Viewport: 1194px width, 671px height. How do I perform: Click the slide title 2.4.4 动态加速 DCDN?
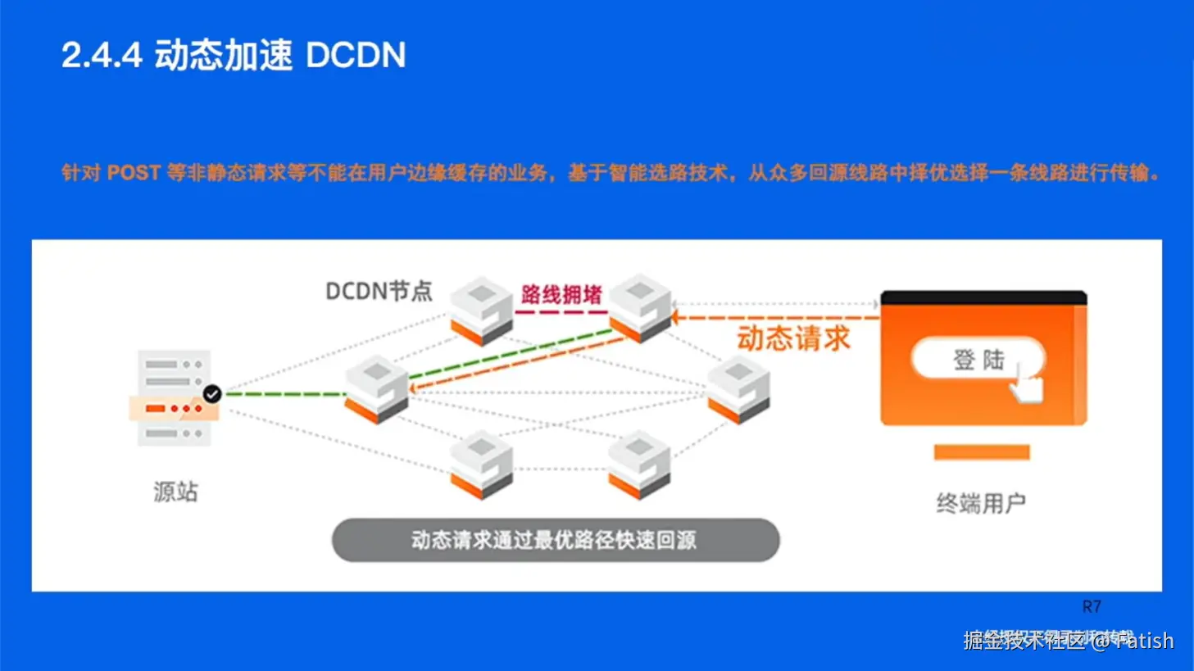234,56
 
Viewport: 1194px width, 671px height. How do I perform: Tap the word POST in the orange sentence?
134,173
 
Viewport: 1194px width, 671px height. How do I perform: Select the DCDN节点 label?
379,291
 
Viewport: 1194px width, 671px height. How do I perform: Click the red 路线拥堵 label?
561,294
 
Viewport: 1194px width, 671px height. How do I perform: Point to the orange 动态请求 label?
793,338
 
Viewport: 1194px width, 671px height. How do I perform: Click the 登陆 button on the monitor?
978,360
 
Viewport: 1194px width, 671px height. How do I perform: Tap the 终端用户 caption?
981,503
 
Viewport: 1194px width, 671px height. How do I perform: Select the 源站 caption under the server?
175,492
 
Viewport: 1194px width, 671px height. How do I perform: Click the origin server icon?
174,398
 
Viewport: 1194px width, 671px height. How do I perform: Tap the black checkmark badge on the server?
212,394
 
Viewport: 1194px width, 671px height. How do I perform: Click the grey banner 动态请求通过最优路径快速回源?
555,540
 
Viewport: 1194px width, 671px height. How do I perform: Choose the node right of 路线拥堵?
640,307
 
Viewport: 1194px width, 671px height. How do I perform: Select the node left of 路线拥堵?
482,311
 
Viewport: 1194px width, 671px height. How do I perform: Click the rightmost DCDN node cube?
738,389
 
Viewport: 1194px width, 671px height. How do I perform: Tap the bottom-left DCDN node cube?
482,464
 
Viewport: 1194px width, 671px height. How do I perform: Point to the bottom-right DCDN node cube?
639,464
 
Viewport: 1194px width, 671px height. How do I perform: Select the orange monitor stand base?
982,452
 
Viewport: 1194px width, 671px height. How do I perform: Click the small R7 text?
1092,607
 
